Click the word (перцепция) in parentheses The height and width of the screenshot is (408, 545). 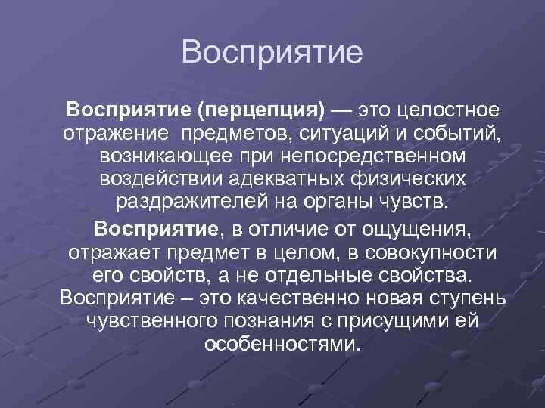point(261,111)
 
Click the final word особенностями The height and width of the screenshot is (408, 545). point(282,345)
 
